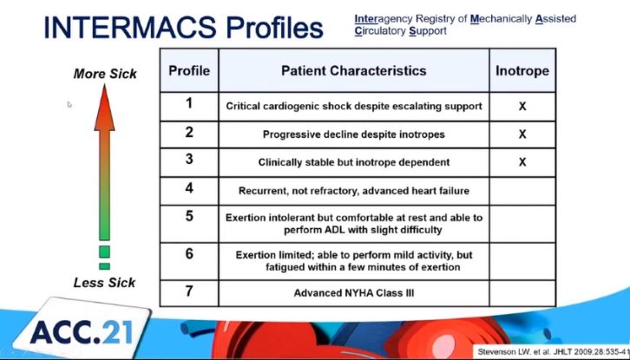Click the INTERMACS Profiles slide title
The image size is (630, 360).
[x=183, y=27]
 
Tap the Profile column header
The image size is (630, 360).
[x=189, y=71]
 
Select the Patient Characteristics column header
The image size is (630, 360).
[x=353, y=71]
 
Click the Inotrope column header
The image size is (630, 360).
[x=522, y=71]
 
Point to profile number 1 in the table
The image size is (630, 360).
[x=189, y=104]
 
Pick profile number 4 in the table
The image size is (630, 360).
[x=189, y=188]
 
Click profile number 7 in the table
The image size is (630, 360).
[x=189, y=291]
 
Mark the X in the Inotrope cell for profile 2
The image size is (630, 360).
[x=522, y=134]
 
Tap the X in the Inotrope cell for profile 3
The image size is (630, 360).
[x=522, y=162]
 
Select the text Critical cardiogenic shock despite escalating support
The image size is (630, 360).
[x=354, y=107]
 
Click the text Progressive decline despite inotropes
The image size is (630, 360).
[x=353, y=134]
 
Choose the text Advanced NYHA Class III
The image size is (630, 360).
[x=353, y=293]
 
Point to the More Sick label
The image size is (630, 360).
[x=105, y=74]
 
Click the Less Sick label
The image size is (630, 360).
[x=104, y=283]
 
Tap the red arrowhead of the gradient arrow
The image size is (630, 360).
[x=104, y=108]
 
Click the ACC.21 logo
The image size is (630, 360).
[x=82, y=333]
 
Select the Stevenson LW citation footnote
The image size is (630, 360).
[x=554, y=352]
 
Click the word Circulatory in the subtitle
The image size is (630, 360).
[x=380, y=31]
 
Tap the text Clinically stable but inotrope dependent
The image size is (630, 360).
[x=353, y=162]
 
